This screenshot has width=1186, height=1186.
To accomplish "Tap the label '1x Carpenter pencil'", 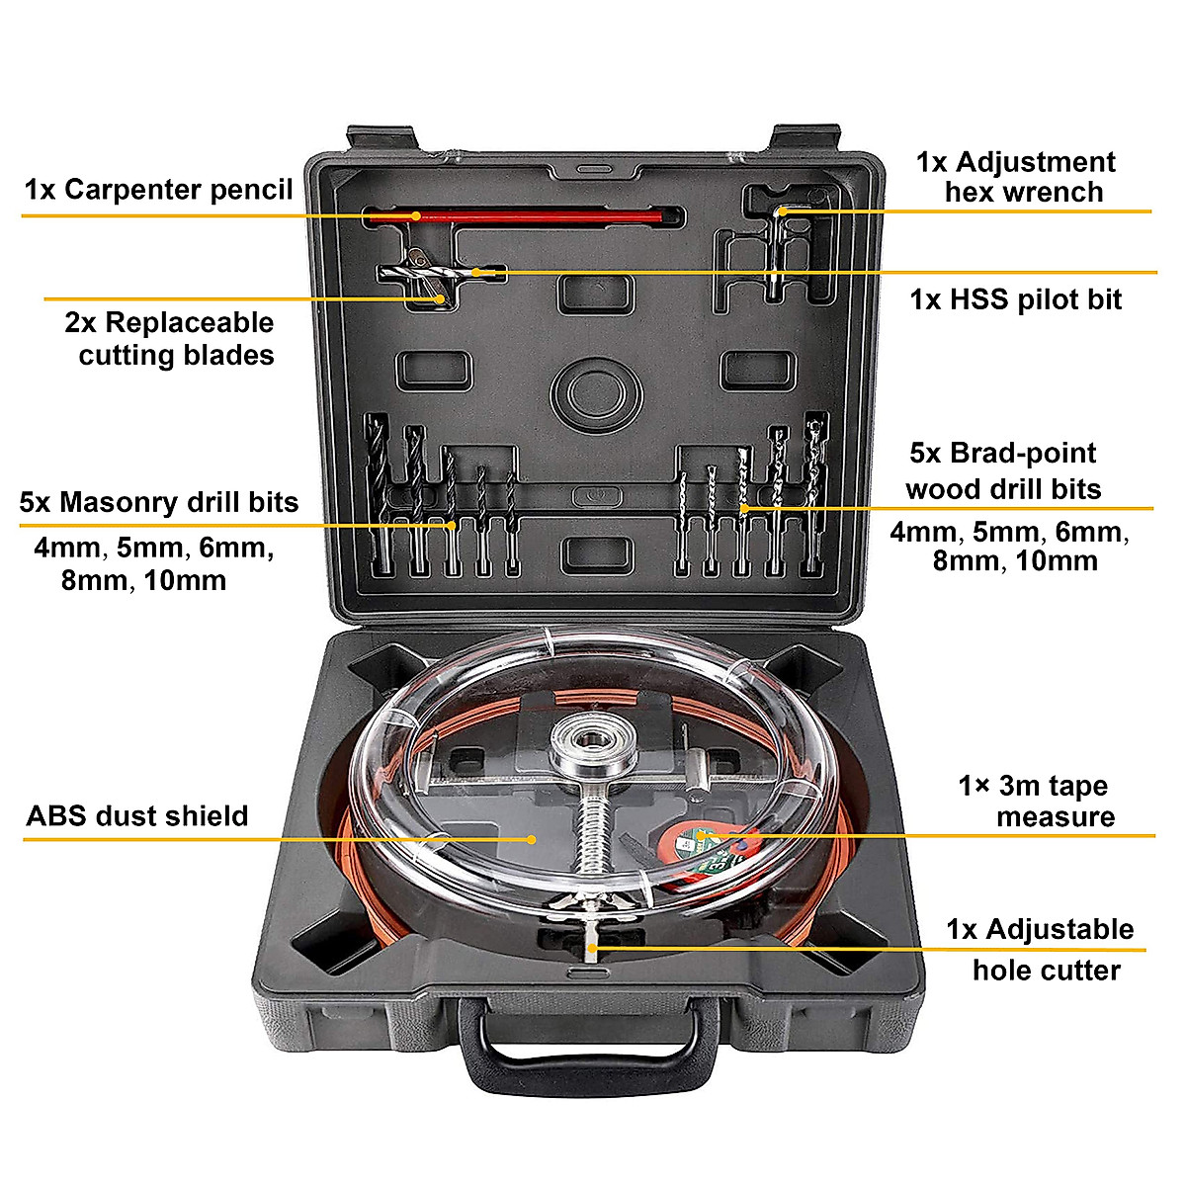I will tap(158, 190).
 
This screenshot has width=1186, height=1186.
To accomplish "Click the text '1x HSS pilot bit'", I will tap(1015, 299).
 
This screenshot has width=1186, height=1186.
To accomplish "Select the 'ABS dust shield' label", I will tap(136, 816).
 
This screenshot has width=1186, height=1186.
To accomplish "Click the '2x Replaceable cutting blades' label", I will tap(170, 339).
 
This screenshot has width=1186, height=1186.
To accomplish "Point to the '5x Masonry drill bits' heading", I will tap(158, 502).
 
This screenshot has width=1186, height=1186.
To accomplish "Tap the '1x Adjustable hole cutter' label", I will tap(1041, 950).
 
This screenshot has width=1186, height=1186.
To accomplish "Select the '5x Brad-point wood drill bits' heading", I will tap(1003, 471).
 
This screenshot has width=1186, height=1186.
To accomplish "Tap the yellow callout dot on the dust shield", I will tap(532, 839).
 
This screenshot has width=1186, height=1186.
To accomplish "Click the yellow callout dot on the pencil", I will tap(417, 215).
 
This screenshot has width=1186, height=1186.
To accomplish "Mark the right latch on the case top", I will tap(805, 139).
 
